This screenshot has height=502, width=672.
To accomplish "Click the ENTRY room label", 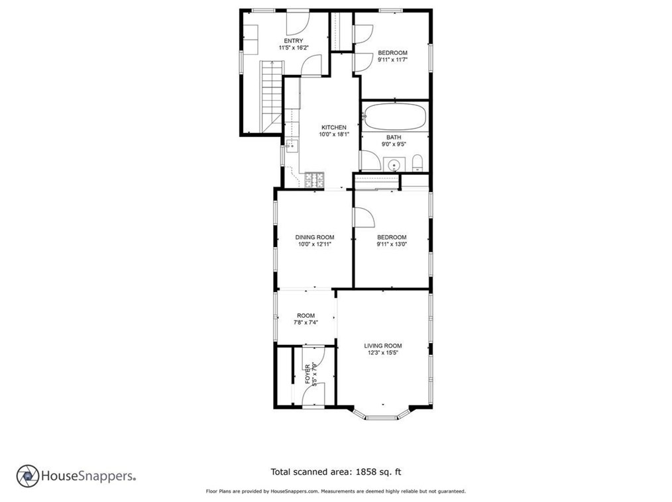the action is click(x=294, y=40).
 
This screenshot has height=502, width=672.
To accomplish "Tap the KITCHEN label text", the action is click(x=334, y=127).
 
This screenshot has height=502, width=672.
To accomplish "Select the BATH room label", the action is click(x=394, y=137).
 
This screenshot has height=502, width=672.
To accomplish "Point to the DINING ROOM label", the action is click(x=315, y=237).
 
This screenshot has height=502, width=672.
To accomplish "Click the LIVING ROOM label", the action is click(x=383, y=346).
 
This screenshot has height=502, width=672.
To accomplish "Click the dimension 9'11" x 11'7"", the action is click(x=392, y=60).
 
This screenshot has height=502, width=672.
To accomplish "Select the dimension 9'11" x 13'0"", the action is click(x=392, y=244).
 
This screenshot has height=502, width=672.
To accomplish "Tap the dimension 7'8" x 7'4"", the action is click(x=306, y=323).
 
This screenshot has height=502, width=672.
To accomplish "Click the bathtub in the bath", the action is click(x=394, y=117).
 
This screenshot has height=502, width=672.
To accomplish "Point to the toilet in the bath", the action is click(x=418, y=163).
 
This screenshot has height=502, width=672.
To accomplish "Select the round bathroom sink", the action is click(x=394, y=164).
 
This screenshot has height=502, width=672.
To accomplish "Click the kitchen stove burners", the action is click(x=315, y=180).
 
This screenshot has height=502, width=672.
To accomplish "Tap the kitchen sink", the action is click(x=292, y=146).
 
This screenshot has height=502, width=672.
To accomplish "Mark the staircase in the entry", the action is click(x=272, y=97).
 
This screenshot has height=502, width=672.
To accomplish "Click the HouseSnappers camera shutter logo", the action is click(x=28, y=476).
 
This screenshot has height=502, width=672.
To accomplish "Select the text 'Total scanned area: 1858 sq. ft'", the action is click(x=336, y=472).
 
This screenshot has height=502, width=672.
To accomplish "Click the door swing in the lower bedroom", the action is click(x=364, y=217).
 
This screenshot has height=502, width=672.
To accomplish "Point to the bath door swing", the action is click(x=370, y=160).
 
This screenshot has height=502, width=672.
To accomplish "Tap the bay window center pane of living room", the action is click(x=382, y=417).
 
